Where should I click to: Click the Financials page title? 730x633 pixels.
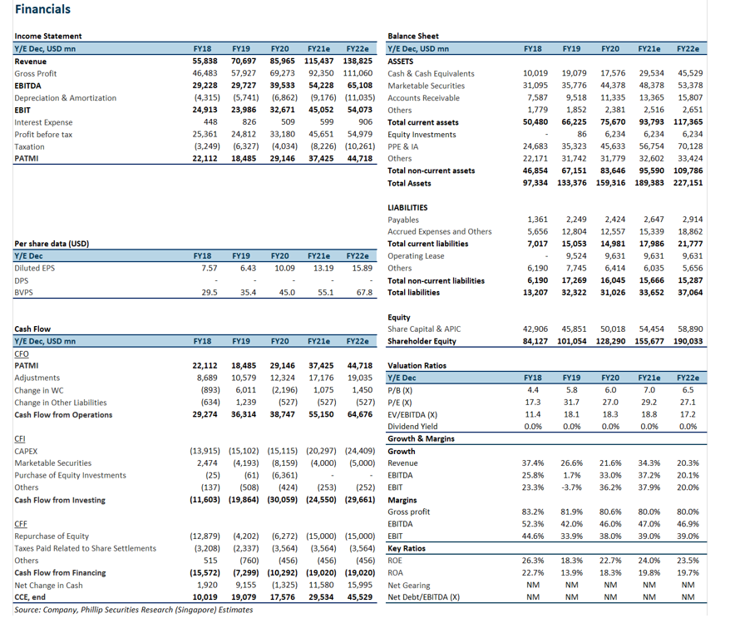tap(42, 9)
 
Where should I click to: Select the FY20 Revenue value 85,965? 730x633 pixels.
tap(282, 61)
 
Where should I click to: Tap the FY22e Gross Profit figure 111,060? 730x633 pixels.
tap(358, 73)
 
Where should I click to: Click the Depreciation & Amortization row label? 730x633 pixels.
tap(65, 98)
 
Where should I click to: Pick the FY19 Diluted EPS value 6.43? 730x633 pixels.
tap(248, 269)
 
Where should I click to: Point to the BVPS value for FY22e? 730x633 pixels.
tap(364, 293)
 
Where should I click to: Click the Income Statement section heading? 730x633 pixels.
tap(48, 37)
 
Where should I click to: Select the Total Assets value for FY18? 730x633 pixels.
tap(535, 183)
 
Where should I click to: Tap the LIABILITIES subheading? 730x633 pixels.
tap(407, 208)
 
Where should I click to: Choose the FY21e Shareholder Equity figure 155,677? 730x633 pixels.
tap(649, 341)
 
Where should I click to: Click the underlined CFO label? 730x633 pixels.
tap(22, 354)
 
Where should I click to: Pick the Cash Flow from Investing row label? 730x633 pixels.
tap(60, 500)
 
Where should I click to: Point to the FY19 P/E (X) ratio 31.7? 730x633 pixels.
tap(571, 402)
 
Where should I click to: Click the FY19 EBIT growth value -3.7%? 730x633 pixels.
tap(570, 487)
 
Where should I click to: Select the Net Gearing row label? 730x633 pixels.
tap(409, 585)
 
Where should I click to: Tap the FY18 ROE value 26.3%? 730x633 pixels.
tap(533, 561)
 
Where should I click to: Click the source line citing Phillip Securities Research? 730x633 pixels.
tap(134, 610)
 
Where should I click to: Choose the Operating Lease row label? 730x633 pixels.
tap(416, 256)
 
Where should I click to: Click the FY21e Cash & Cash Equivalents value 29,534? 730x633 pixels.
tap(651, 73)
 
